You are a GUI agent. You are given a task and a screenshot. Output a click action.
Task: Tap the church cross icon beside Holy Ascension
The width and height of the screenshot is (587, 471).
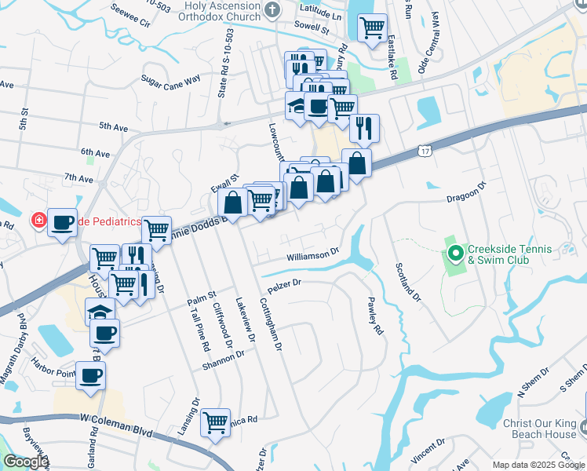(272, 10)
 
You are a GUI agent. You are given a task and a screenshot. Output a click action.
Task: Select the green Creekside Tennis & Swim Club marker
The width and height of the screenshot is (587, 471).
(454, 254)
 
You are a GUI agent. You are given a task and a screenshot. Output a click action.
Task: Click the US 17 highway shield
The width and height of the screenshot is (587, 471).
(425, 149)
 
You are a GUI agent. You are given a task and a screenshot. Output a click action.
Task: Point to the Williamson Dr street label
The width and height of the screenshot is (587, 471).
(312, 254)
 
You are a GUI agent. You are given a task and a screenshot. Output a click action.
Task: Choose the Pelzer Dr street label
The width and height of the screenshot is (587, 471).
(285, 285)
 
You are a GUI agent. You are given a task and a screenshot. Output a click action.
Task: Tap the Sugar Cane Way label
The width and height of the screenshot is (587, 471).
(171, 79)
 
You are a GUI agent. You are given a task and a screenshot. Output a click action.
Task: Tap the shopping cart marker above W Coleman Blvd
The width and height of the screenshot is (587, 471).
(215, 422)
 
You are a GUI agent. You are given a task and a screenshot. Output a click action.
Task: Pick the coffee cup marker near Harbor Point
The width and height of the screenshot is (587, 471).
(90, 375)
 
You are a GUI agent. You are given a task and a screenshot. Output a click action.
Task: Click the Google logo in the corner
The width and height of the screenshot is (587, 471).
(25, 462)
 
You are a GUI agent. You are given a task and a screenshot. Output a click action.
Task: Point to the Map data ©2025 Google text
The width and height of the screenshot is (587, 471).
(538, 465)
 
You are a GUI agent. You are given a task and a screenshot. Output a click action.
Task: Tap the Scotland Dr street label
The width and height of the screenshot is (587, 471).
(408, 282)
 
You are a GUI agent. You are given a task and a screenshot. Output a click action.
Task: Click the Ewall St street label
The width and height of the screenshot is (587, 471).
(224, 184)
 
